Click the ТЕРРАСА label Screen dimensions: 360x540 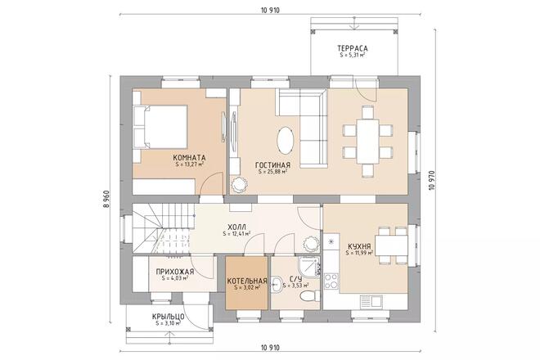click(x=351, y=49)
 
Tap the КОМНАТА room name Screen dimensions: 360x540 click(x=189, y=157)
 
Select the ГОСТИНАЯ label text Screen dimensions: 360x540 click(x=272, y=164)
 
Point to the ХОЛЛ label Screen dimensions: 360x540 click(x=238, y=227)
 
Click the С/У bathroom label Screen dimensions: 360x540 click(x=295, y=280)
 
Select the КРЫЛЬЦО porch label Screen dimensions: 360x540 click(x=167, y=317)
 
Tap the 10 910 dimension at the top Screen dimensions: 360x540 click(x=269, y=11)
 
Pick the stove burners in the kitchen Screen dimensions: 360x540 click(x=332, y=280)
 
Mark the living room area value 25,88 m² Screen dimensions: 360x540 click(x=272, y=173)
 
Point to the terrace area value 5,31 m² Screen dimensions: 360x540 click(x=351, y=56)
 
